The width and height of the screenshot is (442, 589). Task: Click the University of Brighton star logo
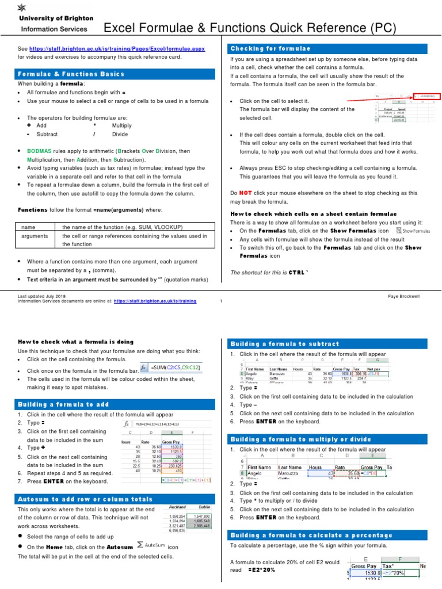[x=22, y=7]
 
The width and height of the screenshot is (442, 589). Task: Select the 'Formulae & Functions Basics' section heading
[x=71, y=74]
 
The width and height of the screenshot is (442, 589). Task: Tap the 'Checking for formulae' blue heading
[x=270, y=48]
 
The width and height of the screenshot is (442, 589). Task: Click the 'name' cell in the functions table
[x=28, y=227]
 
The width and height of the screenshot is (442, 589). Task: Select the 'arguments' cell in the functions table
[x=35, y=236]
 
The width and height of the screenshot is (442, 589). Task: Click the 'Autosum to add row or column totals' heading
[x=85, y=499]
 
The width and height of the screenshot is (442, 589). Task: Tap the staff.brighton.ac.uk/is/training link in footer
[x=155, y=301]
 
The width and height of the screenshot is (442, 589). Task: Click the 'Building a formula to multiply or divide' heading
[x=300, y=439]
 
